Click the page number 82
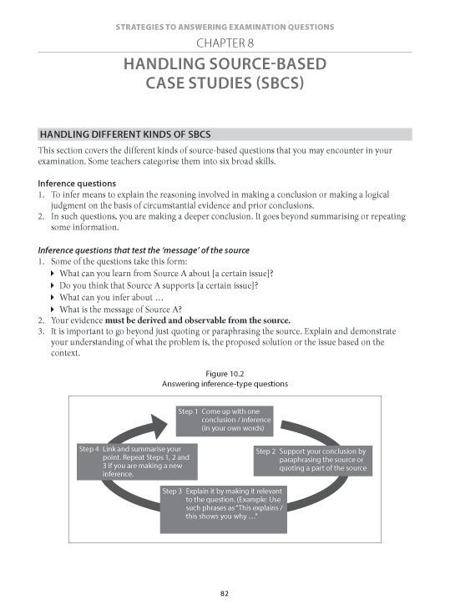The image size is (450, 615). (225, 593)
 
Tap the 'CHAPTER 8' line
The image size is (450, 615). (225, 43)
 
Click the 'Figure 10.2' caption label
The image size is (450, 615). (225, 374)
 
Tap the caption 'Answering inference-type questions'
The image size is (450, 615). (225, 384)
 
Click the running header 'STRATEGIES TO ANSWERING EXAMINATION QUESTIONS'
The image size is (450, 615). (225, 27)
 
